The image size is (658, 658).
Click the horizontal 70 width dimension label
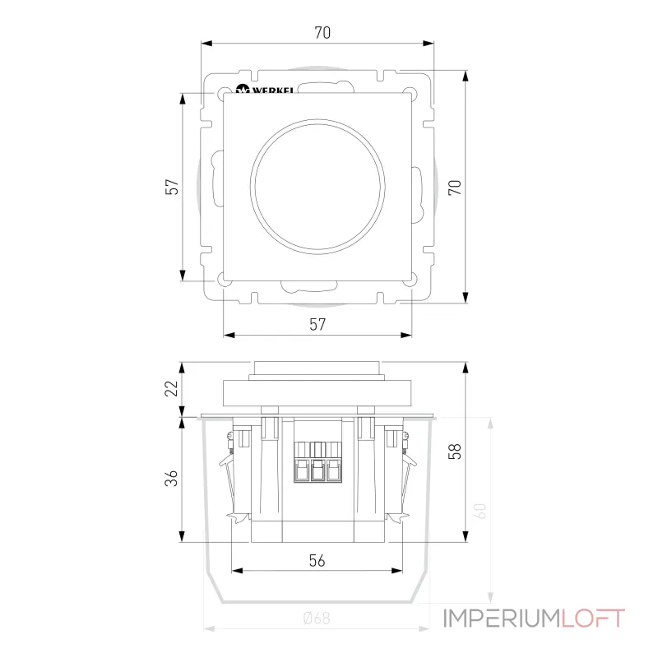click(322, 34)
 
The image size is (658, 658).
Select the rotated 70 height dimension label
click(454, 187)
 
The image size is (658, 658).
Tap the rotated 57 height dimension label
click(172, 188)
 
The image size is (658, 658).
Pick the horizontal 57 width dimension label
click(317, 324)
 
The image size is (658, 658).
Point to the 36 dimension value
click(172, 479)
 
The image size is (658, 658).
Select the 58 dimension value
click(453, 451)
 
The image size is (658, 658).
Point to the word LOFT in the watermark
click(593, 618)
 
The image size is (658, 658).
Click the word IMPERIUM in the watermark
click(503, 618)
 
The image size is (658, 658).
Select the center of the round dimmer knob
click(317, 187)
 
